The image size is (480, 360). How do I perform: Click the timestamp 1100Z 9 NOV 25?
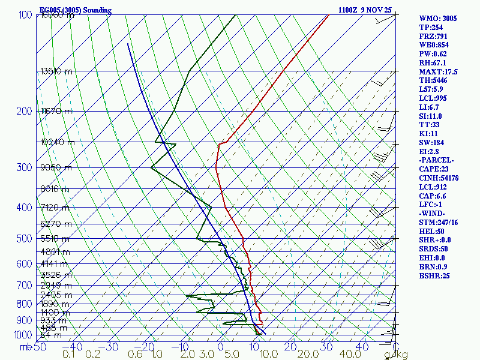coord(364,10)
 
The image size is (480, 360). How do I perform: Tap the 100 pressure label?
coord(25,15)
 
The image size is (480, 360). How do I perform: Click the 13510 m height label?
coord(56,71)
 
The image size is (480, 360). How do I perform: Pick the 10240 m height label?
coord(57,142)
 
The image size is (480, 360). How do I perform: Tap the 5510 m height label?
coord(56,238)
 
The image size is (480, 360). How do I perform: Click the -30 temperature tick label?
coord(111,347)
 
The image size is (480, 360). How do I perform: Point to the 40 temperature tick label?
coord(361,347)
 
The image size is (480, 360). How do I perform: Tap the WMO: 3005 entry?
coord(438,19)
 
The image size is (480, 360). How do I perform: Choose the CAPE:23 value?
coord(435,169)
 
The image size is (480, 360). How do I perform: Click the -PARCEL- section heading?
coord(437,160)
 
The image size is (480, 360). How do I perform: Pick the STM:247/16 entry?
coord(439,223)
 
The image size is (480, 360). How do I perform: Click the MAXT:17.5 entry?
coord(439,72)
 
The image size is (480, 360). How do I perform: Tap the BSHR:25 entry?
coord(434,276)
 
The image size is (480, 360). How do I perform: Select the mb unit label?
coord(25,347)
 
